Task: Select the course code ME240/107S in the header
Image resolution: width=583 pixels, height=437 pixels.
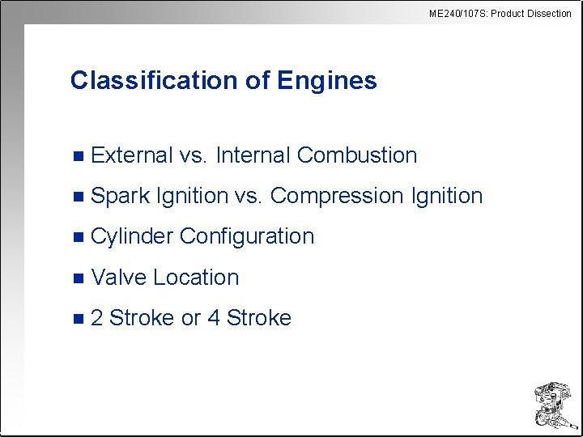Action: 456,13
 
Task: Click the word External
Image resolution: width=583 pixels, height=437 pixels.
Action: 132,155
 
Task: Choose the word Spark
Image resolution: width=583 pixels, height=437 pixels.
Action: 121,196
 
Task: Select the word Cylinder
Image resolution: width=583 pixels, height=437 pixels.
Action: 132,236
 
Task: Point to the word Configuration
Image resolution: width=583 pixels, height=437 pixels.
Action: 247,236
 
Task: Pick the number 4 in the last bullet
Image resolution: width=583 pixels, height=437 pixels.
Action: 214,318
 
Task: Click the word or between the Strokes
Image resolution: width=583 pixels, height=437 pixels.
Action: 190,318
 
